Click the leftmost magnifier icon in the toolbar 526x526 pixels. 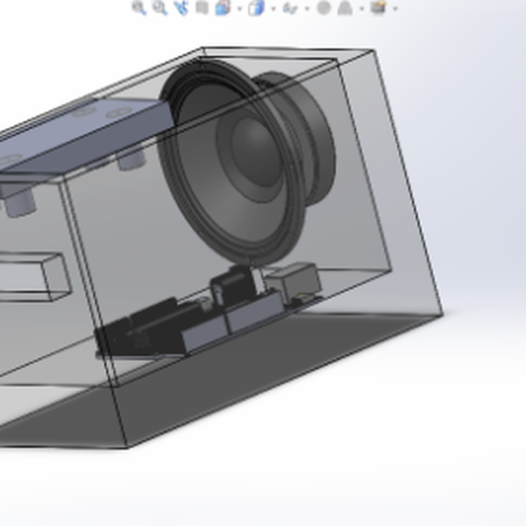139,8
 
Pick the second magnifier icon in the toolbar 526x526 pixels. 160,8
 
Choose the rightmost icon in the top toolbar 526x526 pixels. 379,8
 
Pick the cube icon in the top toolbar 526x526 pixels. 256,9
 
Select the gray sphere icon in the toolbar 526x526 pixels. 323,8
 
